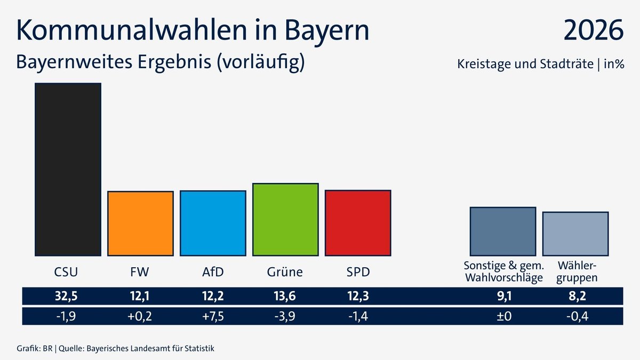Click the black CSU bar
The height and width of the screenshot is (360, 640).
point(68,170)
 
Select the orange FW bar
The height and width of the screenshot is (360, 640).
point(140,223)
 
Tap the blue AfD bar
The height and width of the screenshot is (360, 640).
point(213,223)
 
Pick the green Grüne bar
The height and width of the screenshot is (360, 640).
point(285,219)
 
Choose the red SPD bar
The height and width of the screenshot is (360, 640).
point(358,222)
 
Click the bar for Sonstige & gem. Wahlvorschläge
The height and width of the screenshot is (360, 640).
point(502,231)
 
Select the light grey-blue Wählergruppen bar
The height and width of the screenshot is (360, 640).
point(575,234)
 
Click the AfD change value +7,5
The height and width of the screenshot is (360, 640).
point(212,316)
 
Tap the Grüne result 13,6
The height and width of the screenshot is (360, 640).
point(285,297)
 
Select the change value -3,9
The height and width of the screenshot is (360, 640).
point(285,316)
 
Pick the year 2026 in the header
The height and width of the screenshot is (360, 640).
point(593,30)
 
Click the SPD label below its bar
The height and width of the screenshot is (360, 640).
point(357,272)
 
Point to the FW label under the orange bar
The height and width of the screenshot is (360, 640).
point(140,272)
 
